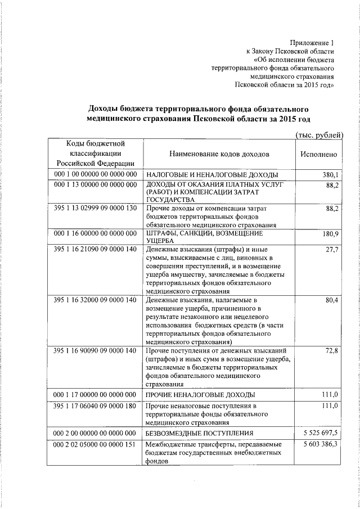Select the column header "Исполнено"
click(x=319, y=154)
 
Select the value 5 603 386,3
click(x=319, y=444)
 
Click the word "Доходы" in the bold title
click(x=107, y=108)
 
